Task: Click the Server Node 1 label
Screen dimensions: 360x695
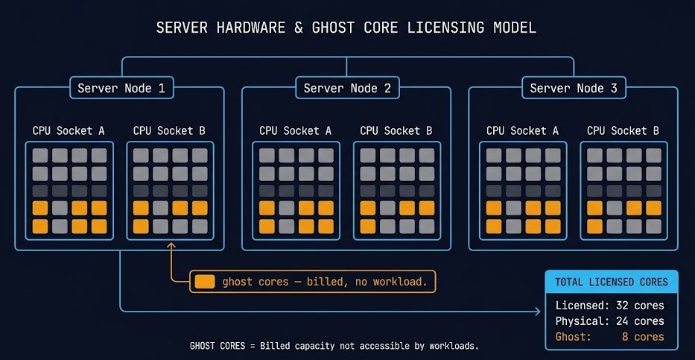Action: tap(121, 89)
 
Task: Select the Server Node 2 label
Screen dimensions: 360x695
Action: tap(347, 89)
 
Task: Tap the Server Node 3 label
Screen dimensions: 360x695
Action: tap(574, 89)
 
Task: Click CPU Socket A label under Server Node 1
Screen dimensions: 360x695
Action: tap(69, 130)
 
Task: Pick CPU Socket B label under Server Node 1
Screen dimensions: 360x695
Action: tap(169, 130)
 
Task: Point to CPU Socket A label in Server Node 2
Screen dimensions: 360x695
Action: tap(296, 130)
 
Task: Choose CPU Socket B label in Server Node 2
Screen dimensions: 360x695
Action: tap(396, 130)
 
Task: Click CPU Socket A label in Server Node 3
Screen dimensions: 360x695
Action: tap(522, 130)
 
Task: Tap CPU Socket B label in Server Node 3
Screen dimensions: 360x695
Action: tap(623, 130)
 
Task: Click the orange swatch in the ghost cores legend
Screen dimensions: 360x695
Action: tap(204, 282)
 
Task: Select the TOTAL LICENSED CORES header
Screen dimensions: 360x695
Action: tap(612, 282)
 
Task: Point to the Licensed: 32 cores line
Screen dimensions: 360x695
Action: tap(609, 306)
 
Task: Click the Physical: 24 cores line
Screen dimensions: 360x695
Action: tap(609, 321)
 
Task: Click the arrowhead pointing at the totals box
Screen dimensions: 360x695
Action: tap(538, 312)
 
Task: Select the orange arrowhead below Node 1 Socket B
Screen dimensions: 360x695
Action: tap(171, 245)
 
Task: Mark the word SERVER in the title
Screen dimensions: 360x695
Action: tap(180, 28)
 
